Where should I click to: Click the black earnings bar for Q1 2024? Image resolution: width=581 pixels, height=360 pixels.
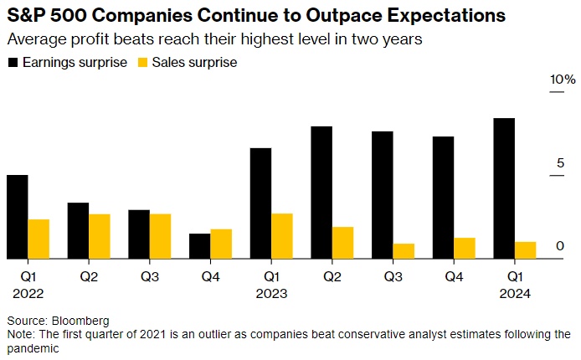(x=505, y=188)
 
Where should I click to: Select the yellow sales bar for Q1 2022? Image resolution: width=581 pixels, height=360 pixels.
(x=39, y=239)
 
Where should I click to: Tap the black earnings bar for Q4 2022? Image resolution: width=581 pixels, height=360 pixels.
(x=200, y=246)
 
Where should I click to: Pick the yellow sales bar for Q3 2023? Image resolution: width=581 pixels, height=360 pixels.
(x=404, y=251)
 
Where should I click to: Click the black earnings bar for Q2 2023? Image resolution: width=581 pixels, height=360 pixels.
(x=321, y=193)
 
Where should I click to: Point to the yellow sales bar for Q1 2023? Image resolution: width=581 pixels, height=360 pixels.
(x=282, y=236)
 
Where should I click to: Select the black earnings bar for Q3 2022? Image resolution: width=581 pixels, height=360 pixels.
(x=139, y=234)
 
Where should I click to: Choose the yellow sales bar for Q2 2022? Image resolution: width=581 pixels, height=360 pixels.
(x=100, y=236)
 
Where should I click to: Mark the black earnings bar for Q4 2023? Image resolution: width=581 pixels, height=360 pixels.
(x=444, y=198)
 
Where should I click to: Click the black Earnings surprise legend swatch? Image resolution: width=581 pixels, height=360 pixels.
(x=13, y=62)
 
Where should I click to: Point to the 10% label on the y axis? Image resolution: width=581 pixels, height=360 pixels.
(x=563, y=80)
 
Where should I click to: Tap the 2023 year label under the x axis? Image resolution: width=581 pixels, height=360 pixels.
(x=272, y=293)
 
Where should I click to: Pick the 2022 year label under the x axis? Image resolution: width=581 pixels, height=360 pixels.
(x=28, y=293)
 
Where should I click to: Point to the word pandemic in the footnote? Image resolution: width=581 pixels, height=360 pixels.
(x=33, y=348)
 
